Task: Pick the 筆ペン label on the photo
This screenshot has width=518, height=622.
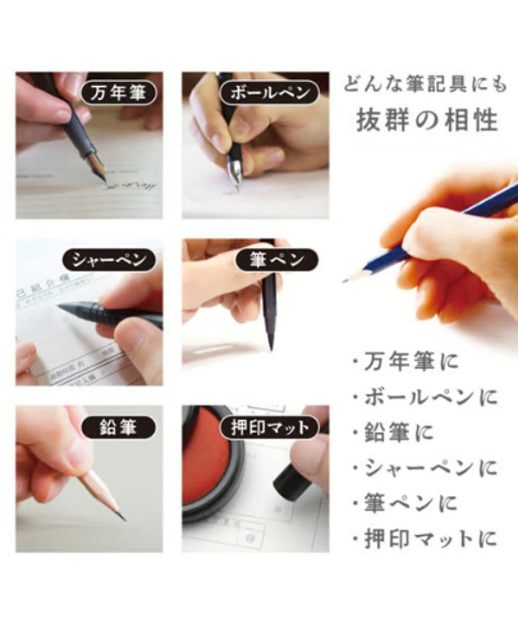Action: pyautogui.click(x=276, y=260)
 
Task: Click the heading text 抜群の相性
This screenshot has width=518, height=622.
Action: pyautogui.click(x=427, y=120)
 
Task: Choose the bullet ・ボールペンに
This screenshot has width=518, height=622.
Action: pyautogui.click(x=425, y=398)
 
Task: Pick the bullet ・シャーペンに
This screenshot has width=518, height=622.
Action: pyautogui.click(x=425, y=468)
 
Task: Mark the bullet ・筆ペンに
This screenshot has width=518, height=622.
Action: pyautogui.click(x=405, y=504)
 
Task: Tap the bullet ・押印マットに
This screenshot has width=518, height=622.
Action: pyautogui.click(x=425, y=539)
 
